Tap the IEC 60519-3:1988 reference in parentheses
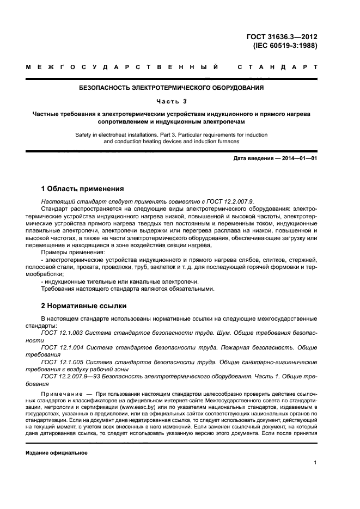click(x=285, y=46)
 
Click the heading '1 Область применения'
click(x=82, y=189)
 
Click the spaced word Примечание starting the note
click(x=62, y=393)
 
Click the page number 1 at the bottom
click(x=315, y=463)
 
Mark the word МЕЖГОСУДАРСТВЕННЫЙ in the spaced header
click(x=123, y=68)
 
